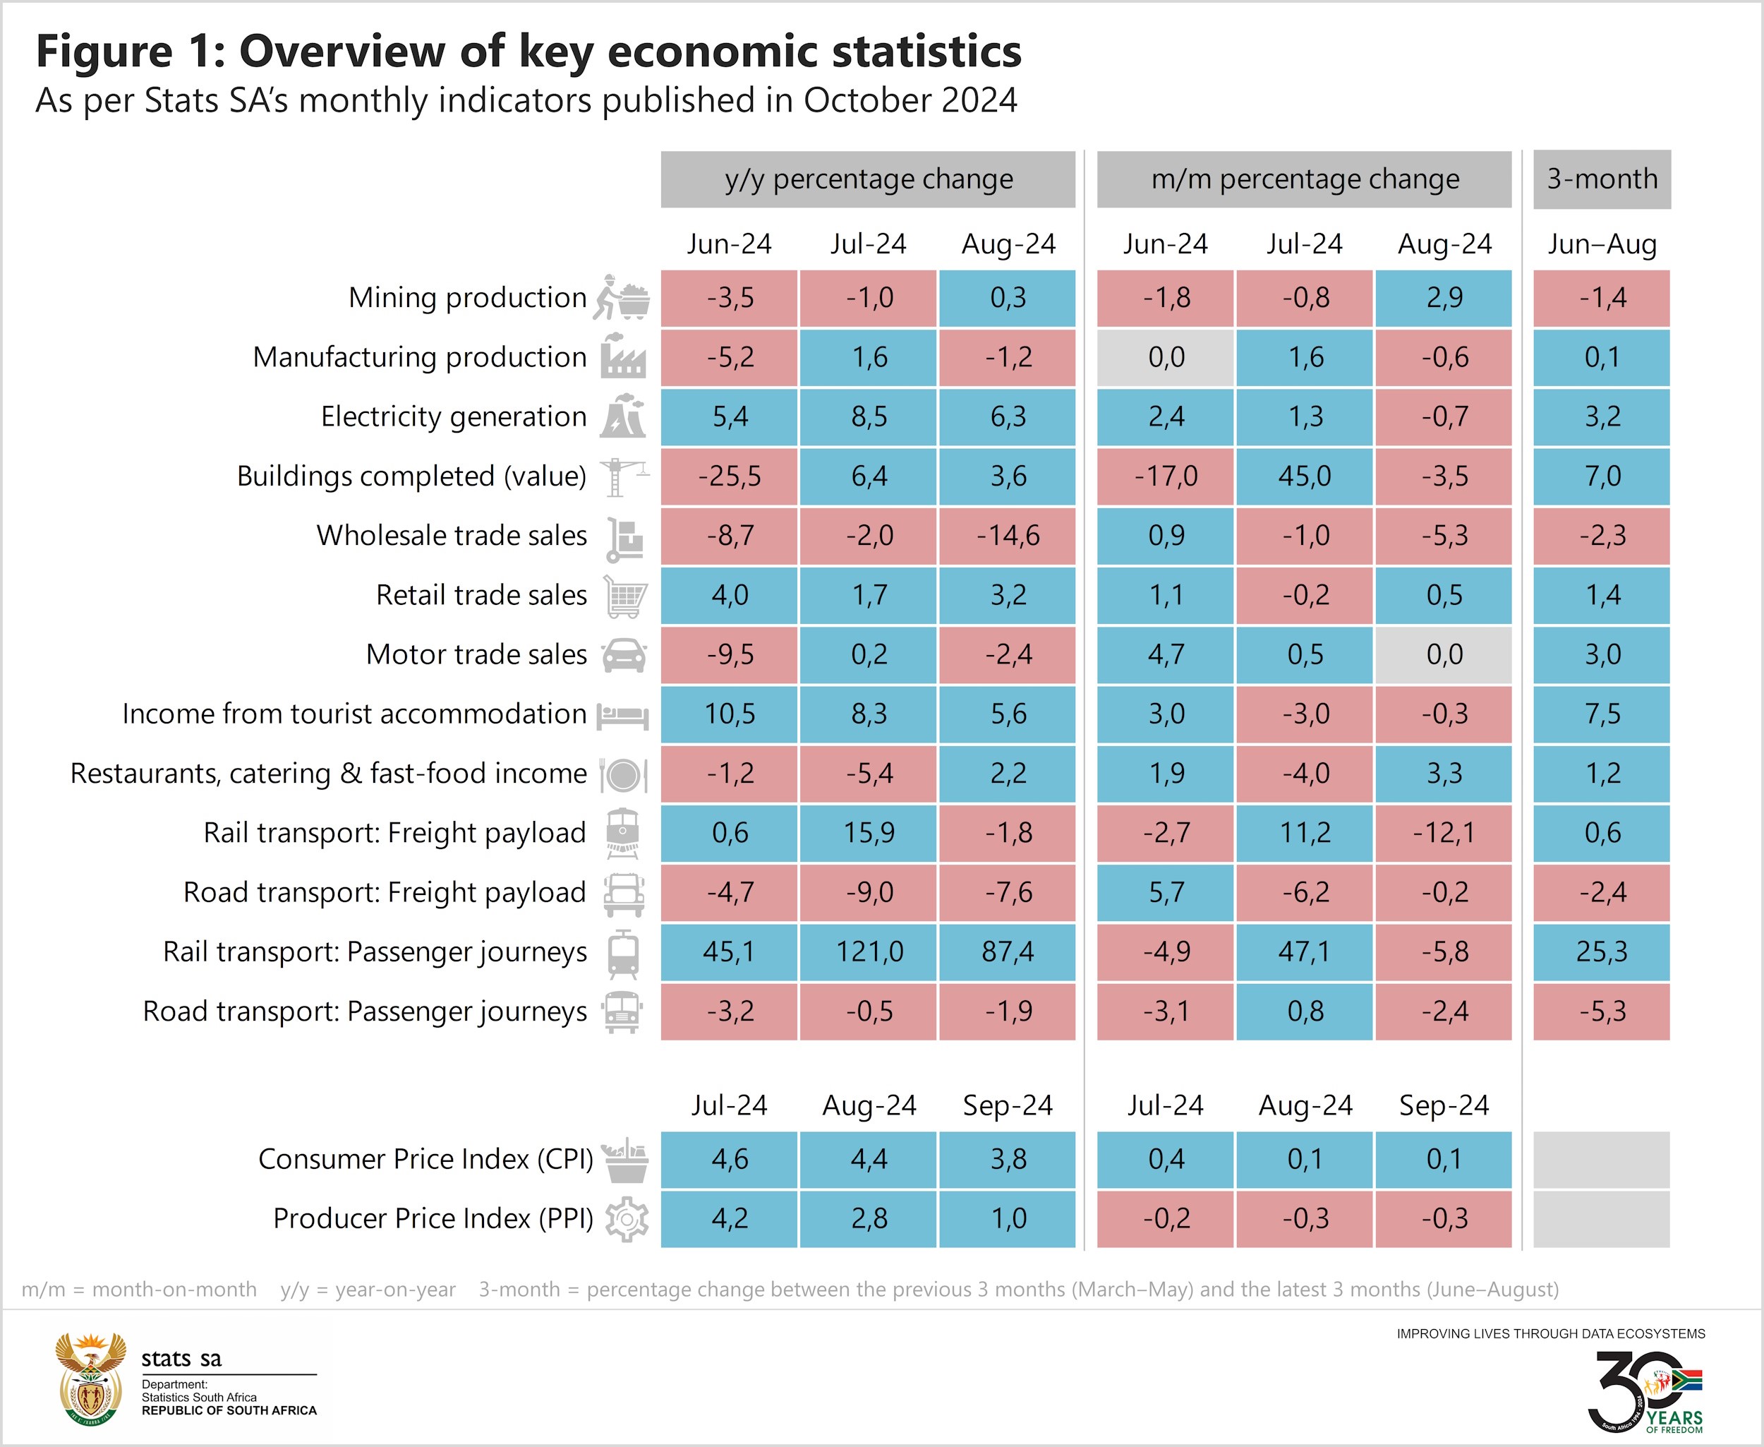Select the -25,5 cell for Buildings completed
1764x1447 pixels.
click(x=729, y=476)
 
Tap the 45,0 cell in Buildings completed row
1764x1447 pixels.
click(x=1304, y=476)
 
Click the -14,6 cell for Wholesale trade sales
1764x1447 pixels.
click(x=1008, y=535)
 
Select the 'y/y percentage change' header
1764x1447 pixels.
click(x=869, y=179)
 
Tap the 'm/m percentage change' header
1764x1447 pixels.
click(x=1304, y=179)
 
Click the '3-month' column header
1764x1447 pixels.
click(x=1602, y=179)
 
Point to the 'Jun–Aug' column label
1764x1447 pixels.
click(x=1602, y=244)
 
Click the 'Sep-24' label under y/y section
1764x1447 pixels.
click(x=1008, y=1105)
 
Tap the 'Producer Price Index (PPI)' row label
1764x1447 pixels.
click(x=433, y=1218)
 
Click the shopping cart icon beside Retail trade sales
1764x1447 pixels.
click(x=625, y=596)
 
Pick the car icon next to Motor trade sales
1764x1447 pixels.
click(x=624, y=655)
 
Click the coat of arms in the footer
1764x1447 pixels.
click(x=90, y=1379)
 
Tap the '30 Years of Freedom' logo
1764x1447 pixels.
click(x=1645, y=1391)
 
